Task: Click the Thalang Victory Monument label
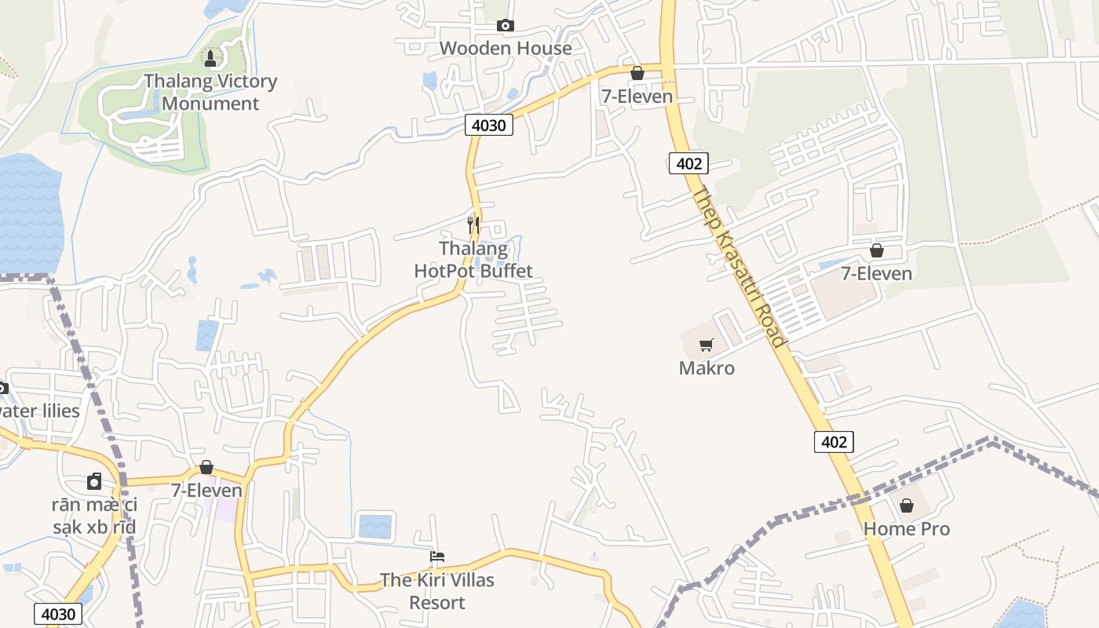210,93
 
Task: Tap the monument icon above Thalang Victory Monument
210,57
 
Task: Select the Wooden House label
506,48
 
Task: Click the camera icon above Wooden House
506,25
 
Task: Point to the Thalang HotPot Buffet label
473,260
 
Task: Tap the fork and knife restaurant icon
473,225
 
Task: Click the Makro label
706,367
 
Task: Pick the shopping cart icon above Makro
706,345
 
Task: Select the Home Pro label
907,528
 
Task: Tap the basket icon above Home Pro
907,506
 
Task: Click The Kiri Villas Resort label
437,591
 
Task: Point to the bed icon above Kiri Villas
437,557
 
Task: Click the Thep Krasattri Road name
738,267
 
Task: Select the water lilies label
39,411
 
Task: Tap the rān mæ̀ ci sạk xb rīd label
94,515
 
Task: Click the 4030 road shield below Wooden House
489,125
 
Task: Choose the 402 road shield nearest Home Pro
833,442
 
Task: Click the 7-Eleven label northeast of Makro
876,273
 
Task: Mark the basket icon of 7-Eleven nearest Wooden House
637,73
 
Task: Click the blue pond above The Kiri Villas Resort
374,525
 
